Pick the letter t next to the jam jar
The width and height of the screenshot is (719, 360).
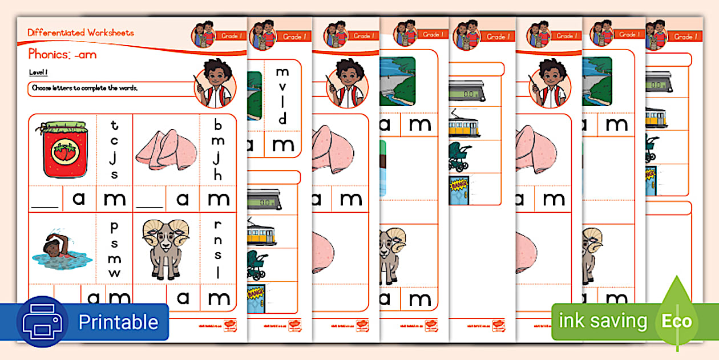tap(114, 125)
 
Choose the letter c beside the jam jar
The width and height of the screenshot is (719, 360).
tap(114, 141)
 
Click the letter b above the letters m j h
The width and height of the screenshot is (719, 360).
tap(218, 124)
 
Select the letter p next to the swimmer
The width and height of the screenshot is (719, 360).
tap(114, 227)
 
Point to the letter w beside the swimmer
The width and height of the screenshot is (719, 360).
tap(114, 273)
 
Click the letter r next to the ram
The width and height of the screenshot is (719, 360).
tap(218, 224)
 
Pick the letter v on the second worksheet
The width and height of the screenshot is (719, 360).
tap(282, 88)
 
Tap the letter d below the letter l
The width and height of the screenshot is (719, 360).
tap(282, 119)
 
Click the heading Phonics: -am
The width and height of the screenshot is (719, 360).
tap(62, 55)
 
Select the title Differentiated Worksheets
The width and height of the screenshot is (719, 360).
tap(80, 33)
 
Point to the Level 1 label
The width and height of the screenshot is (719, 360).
tap(38, 73)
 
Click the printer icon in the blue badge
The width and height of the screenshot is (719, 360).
tap(42, 322)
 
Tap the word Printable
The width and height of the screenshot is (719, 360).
tap(118, 322)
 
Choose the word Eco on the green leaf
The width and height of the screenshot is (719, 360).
tap(676, 321)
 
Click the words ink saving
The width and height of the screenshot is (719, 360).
tap(603, 321)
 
